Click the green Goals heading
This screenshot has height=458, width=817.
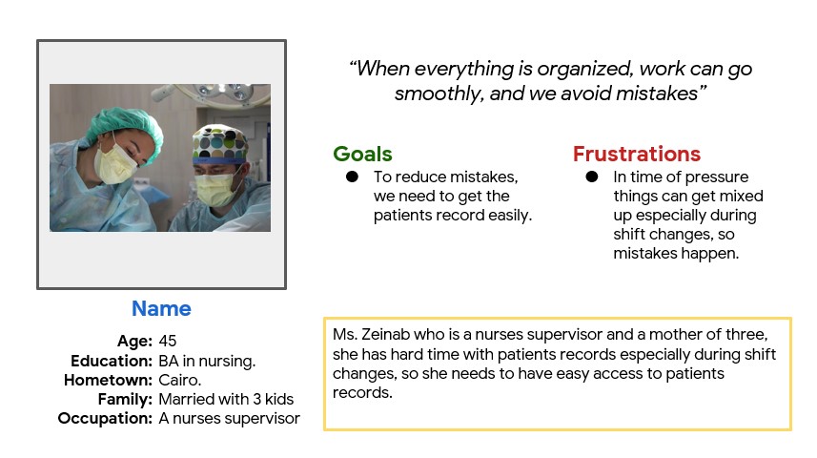[x=362, y=154]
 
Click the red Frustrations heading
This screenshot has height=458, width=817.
[x=637, y=154]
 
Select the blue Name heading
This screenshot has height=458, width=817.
[x=161, y=308]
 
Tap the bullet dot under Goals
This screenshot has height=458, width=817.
[x=352, y=177]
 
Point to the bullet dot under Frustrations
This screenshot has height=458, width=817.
[x=592, y=177]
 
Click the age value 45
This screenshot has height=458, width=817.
[x=168, y=341]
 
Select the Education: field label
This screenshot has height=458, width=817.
[x=112, y=361]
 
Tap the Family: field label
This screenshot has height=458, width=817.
[x=125, y=399]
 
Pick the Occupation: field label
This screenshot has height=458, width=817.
[x=105, y=418]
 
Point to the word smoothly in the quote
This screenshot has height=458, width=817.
[x=439, y=94]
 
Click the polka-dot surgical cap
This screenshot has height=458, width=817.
[x=220, y=143]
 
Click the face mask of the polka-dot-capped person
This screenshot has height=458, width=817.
[x=215, y=189]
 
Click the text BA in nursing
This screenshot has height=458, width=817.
[x=207, y=361]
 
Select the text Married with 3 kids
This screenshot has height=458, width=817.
[x=226, y=399]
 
